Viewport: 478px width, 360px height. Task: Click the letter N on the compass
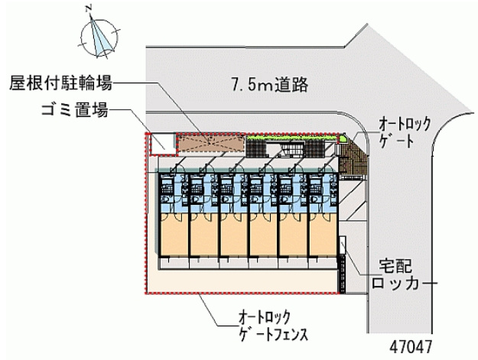(89, 9)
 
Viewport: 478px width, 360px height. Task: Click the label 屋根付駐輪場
(60, 83)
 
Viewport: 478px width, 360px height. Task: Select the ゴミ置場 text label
(75, 109)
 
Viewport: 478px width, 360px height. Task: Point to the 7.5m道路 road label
(270, 85)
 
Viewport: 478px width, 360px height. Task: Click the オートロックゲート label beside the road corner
(405, 132)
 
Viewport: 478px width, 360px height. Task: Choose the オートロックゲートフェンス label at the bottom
(273, 326)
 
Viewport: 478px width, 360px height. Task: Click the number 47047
(411, 347)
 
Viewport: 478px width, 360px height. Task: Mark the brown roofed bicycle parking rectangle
(211, 143)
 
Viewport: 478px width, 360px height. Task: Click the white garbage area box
(162, 144)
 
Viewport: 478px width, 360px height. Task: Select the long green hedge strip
(292, 138)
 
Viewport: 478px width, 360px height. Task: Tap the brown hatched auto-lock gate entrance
(353, 158)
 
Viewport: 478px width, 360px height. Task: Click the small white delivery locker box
(343, 245)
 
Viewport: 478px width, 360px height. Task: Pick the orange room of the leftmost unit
(174, 234)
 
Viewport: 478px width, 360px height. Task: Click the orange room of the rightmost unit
(324, 234)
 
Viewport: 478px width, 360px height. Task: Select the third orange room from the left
(234, 234)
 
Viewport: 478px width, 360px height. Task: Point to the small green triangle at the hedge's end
(343, 139)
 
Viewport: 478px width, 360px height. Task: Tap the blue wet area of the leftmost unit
(174, 193)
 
